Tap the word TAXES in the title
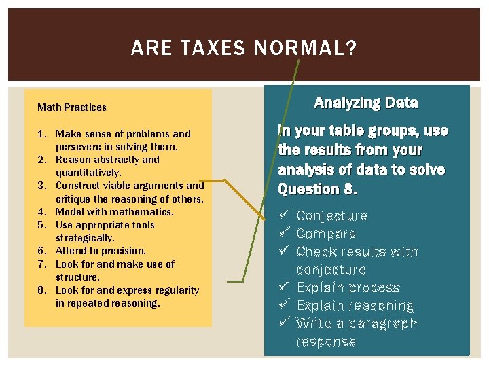212,49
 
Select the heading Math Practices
72,107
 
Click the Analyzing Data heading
366,103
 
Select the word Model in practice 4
69,212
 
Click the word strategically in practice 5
85,238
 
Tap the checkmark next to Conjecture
285,215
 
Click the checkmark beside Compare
285,233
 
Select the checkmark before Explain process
285,287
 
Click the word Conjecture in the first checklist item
332,216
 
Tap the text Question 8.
317,189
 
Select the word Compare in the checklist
326,234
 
